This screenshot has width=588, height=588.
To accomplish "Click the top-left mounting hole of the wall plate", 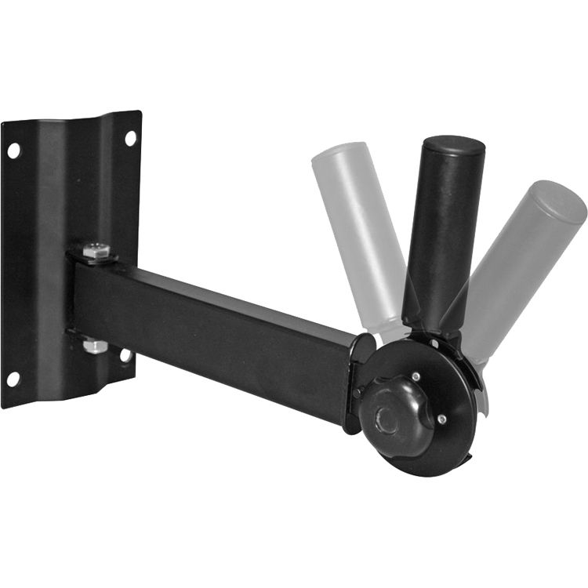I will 14,150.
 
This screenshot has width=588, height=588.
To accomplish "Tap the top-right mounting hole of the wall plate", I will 130,139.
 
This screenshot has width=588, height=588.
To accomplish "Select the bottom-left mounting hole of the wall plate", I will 13,379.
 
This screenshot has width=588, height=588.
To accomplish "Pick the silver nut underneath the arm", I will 95,345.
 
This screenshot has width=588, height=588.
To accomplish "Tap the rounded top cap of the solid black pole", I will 454,147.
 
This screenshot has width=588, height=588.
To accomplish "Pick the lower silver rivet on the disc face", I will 441,420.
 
